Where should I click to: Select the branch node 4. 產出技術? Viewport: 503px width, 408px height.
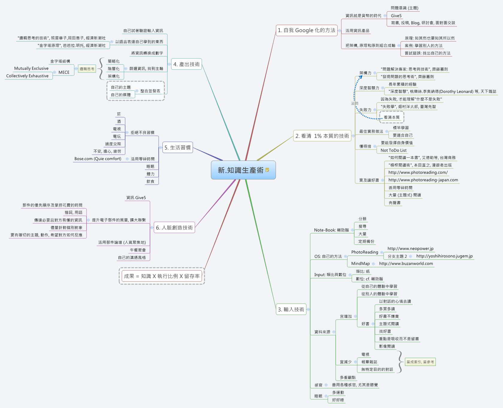186,64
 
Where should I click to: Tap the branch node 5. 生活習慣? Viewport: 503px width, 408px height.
178,147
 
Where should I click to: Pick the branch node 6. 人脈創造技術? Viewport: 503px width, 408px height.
174,228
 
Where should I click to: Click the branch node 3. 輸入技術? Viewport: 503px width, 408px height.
291,309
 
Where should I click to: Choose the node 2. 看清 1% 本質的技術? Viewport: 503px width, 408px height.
322,136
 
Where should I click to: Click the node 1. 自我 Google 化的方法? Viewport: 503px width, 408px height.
306,30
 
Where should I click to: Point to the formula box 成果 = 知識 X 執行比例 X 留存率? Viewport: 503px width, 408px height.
162,276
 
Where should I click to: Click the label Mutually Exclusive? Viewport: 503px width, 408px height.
31,68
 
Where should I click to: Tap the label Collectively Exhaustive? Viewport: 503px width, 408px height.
27,76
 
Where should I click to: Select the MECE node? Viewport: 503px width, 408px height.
64,72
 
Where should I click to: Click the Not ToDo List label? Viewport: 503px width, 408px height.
393,150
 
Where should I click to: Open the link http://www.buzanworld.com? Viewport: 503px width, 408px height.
406,264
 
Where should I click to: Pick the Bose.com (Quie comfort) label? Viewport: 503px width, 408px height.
98,159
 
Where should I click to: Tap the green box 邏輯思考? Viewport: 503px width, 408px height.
87,69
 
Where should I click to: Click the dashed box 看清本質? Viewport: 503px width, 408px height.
392,117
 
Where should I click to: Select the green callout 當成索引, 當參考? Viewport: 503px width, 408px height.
420,362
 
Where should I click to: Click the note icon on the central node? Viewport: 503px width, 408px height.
267,170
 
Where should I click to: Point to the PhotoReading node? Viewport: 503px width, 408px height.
364,252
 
